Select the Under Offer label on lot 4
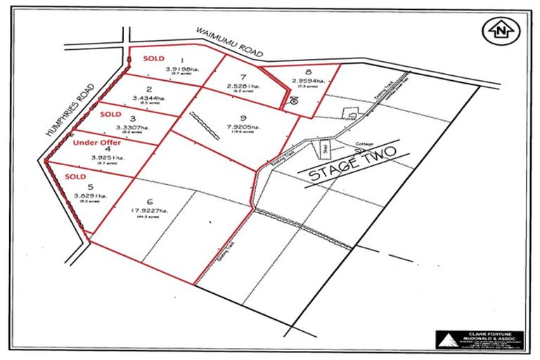(x=98, y=141)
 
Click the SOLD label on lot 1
(x=155, y=58)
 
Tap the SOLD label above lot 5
(x=76, y=174)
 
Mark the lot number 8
(x=309, y=72)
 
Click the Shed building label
(x=325, y=149)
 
